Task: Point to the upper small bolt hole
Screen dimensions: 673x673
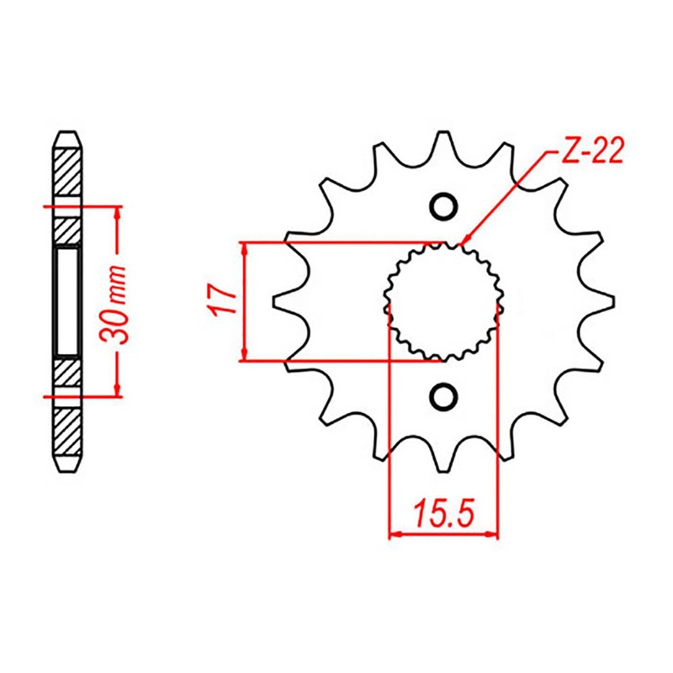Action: click(x=443, y=206)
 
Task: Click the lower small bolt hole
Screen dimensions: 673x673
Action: click(x=443, y=395)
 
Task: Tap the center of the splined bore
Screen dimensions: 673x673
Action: click(x=443, y=301)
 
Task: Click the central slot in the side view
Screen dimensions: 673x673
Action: click(x=68, y=301)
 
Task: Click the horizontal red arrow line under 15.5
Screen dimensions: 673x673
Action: click(x=443, y=533)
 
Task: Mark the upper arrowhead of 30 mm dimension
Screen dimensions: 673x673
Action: click(x=117, y=210)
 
